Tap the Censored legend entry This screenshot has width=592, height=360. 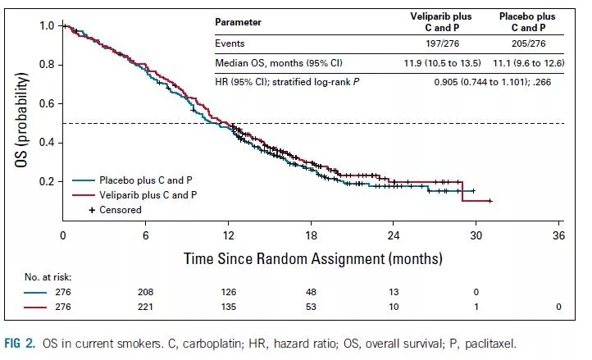coord(119,210)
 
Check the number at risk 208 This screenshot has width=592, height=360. coord(145,291)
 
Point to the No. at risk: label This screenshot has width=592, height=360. coord(39,278)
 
